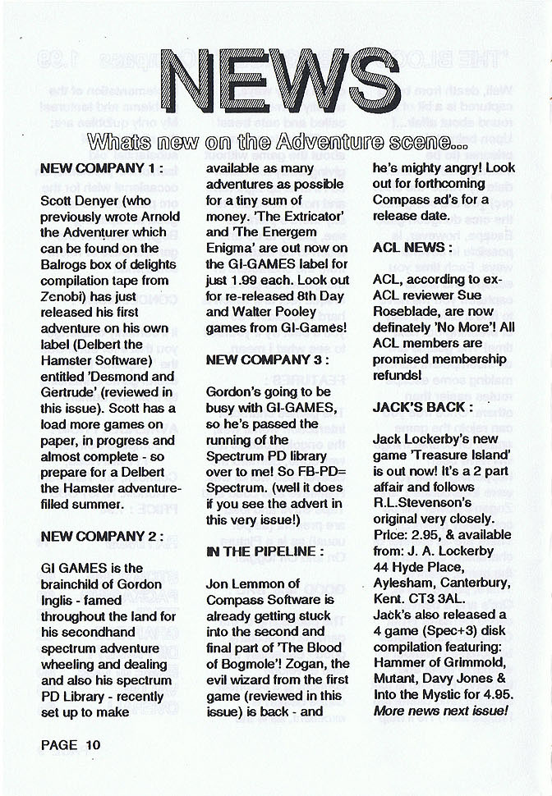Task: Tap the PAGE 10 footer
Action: tap(70, 745)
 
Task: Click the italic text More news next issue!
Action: tap(440, 710)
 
